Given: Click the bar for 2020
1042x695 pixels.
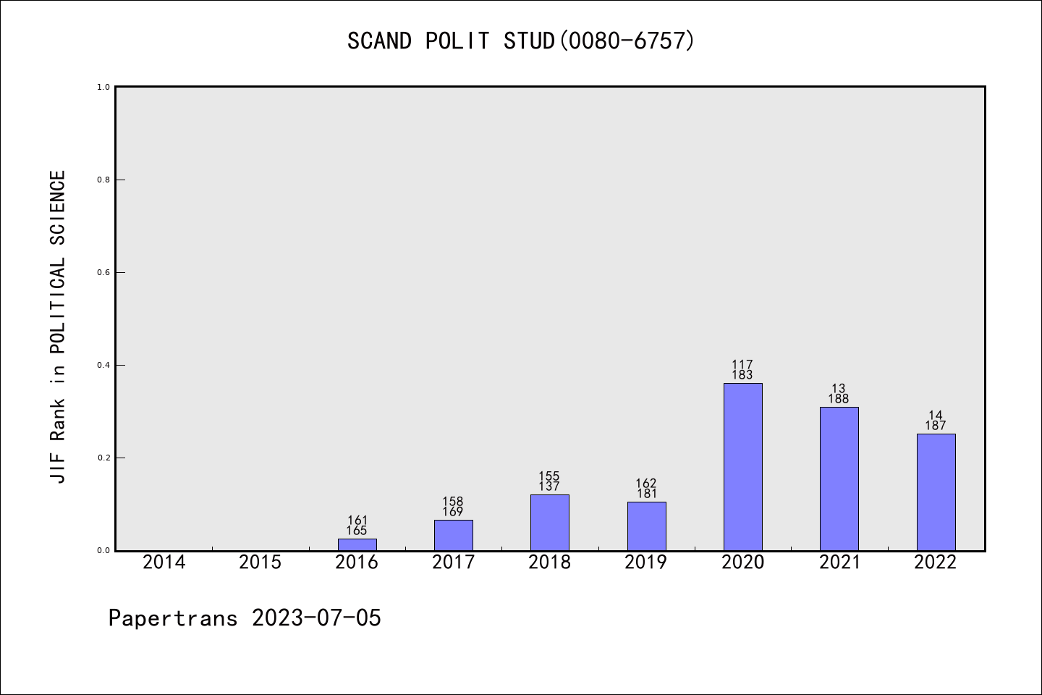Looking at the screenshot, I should (742, 467).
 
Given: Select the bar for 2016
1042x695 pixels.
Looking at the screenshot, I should (357, 544).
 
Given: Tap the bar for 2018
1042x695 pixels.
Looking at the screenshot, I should (549, 522).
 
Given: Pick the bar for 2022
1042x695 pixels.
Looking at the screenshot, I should (936, 492).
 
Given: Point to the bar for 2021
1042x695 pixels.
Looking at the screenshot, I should (839, 479).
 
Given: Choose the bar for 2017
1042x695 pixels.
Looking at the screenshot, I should (453, 535).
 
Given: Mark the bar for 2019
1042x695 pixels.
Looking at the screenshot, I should (646, 526).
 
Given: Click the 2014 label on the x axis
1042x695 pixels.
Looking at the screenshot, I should (164, 562).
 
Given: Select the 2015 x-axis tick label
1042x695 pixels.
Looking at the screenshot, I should (260, 562).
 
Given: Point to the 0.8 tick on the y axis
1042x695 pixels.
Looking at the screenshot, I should (103, 180).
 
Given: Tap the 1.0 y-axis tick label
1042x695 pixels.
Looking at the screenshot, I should (103, 87).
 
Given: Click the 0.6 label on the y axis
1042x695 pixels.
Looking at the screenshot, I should (103, 272).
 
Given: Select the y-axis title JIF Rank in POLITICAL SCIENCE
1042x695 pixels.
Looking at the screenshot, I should (58, 327).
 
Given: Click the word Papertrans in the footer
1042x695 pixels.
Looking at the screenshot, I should (173, 618).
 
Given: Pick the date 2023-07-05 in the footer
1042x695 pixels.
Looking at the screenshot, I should (316, 618).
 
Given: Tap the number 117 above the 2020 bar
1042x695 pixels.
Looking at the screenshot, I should (742, 365).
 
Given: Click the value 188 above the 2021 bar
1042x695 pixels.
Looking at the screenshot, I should (839, 399).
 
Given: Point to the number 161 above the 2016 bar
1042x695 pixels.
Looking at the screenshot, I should (357, 520).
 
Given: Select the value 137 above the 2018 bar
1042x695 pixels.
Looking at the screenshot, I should (549, 486).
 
